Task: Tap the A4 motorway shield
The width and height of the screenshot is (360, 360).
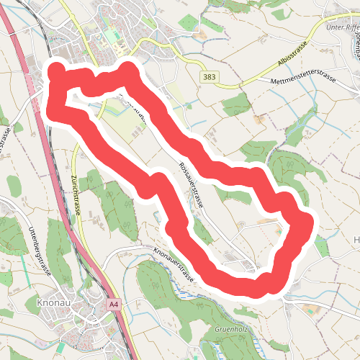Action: (113, 305)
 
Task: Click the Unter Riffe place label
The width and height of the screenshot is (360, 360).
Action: (341, 27)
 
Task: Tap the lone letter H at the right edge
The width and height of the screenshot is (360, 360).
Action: (356, 239)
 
